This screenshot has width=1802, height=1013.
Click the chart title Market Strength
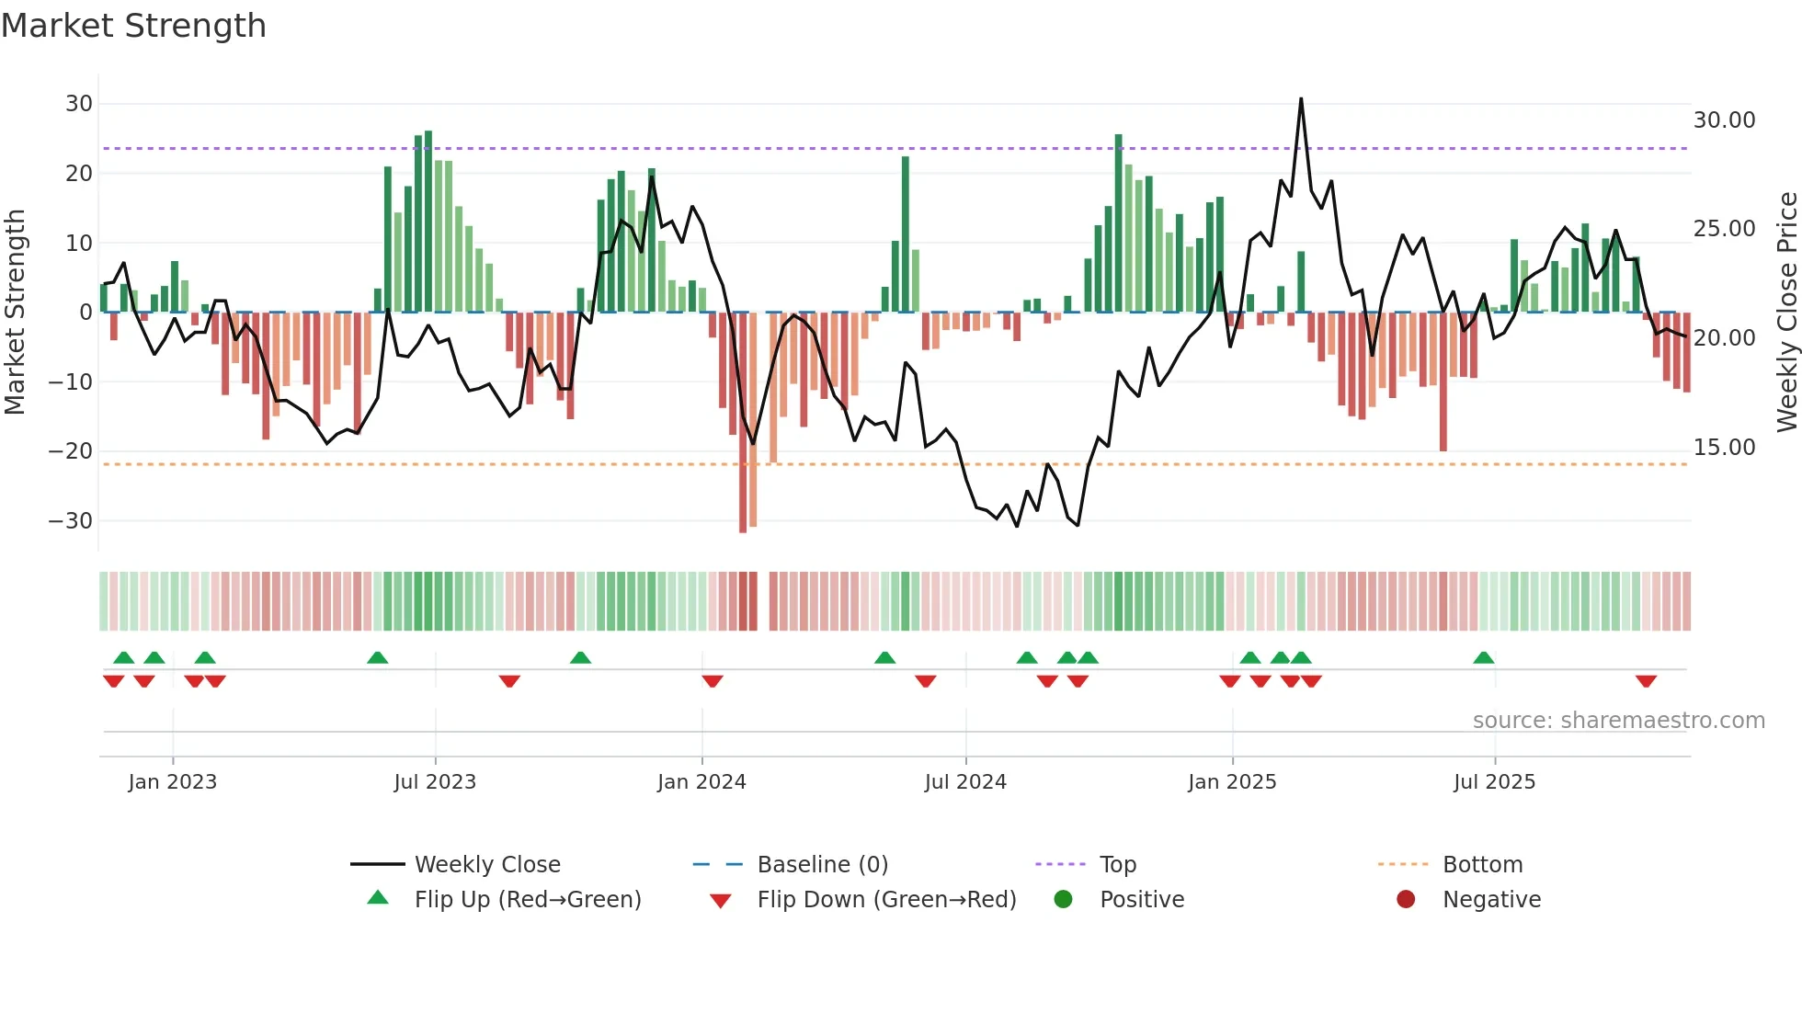(133, 26)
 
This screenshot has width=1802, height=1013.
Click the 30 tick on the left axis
(79, 104)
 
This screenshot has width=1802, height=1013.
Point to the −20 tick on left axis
(71, 451)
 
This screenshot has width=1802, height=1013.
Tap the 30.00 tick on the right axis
(1724, 120)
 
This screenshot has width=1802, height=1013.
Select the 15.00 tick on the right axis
(1724, 448)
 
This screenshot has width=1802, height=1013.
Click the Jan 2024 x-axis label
(701, 782)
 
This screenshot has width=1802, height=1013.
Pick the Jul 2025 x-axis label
(1494, 782)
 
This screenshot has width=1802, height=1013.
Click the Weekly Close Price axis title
(1786, 313)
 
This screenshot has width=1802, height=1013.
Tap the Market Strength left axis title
(15, 313)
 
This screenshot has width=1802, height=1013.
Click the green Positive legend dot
(1063, 900)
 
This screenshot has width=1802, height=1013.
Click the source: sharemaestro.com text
(1618, 721)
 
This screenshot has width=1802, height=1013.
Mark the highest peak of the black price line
(1301, 99)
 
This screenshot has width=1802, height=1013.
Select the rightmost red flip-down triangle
(1646, 681)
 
